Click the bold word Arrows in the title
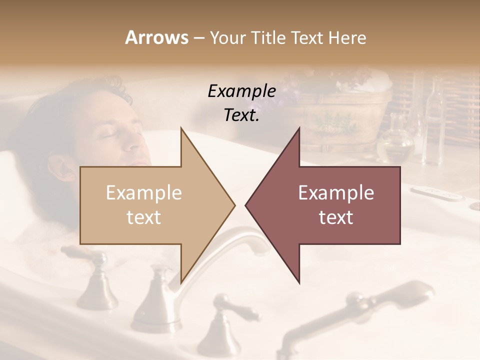coord(157,38)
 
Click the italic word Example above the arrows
coord(241,91)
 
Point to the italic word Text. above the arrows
coord(241,115)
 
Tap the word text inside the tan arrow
coord(143,217)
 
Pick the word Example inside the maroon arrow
coord(336,193)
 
